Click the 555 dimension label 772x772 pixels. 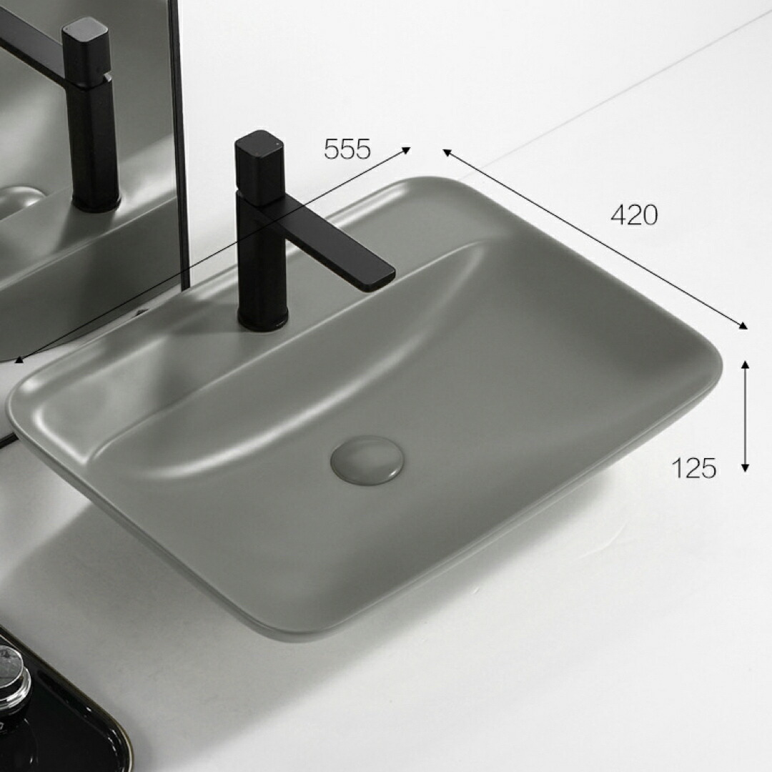[x=347, y=149]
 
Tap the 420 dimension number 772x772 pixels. [x=633, y=214]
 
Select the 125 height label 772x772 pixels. [x=693, y=467]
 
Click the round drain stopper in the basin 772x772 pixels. [x=367, y=460]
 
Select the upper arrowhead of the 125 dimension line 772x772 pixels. [x=745, y=365]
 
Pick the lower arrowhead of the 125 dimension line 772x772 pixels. [x=745, y=467]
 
